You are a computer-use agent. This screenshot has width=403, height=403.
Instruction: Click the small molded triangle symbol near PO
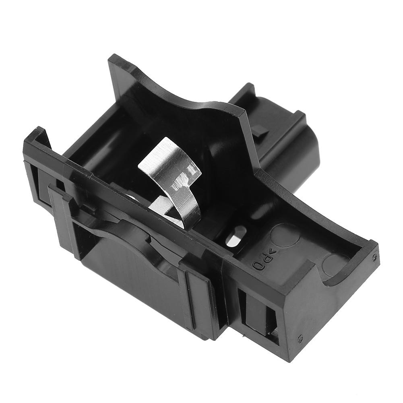tap(272, 252)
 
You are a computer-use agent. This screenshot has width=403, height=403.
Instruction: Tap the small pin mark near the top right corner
tap(374, 257)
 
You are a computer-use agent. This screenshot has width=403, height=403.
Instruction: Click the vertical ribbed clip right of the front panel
tap(199, 298)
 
